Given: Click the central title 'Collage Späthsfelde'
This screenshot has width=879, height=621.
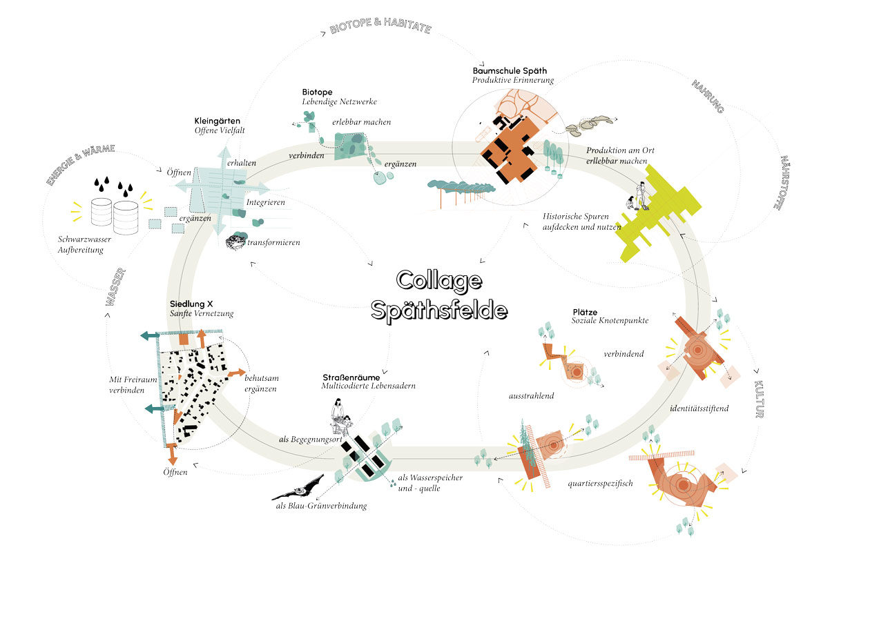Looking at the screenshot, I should (439, 295).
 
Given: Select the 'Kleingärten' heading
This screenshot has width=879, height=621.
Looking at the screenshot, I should (218, 121).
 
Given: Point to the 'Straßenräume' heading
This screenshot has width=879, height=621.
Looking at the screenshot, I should (352, 377).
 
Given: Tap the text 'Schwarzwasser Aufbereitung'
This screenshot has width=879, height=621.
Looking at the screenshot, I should (81, 245).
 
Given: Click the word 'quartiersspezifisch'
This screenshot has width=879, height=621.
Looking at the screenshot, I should (601, 483).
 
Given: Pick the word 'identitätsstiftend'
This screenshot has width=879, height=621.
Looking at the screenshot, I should (699, 408).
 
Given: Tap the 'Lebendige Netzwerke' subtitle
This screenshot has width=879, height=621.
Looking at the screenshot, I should (339, 102).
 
